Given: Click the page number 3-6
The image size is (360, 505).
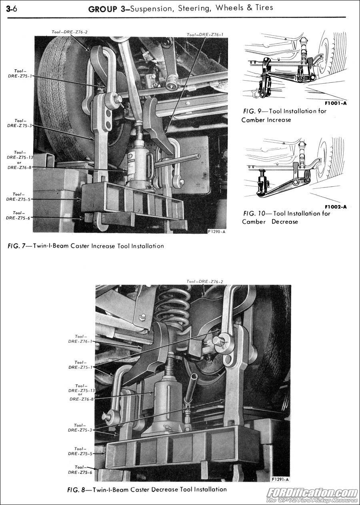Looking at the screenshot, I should (x=12, y=8).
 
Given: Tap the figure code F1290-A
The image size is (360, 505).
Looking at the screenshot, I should (x=216, y=232).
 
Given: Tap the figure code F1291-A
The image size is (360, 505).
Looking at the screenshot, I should (x=280, y=479).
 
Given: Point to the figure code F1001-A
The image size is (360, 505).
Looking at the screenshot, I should (x=336, y=103).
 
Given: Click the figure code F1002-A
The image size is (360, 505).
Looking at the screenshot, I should (x=336, y=207).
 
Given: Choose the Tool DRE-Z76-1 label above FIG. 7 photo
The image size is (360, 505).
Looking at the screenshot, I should (x=205, y=35).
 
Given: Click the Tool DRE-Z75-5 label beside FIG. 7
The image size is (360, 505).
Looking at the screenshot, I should (x=18, y=196).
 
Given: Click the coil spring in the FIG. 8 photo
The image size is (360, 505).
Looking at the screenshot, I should (x=172, y=306).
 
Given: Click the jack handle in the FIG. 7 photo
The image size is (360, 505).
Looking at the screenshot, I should (x=178, y=161).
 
